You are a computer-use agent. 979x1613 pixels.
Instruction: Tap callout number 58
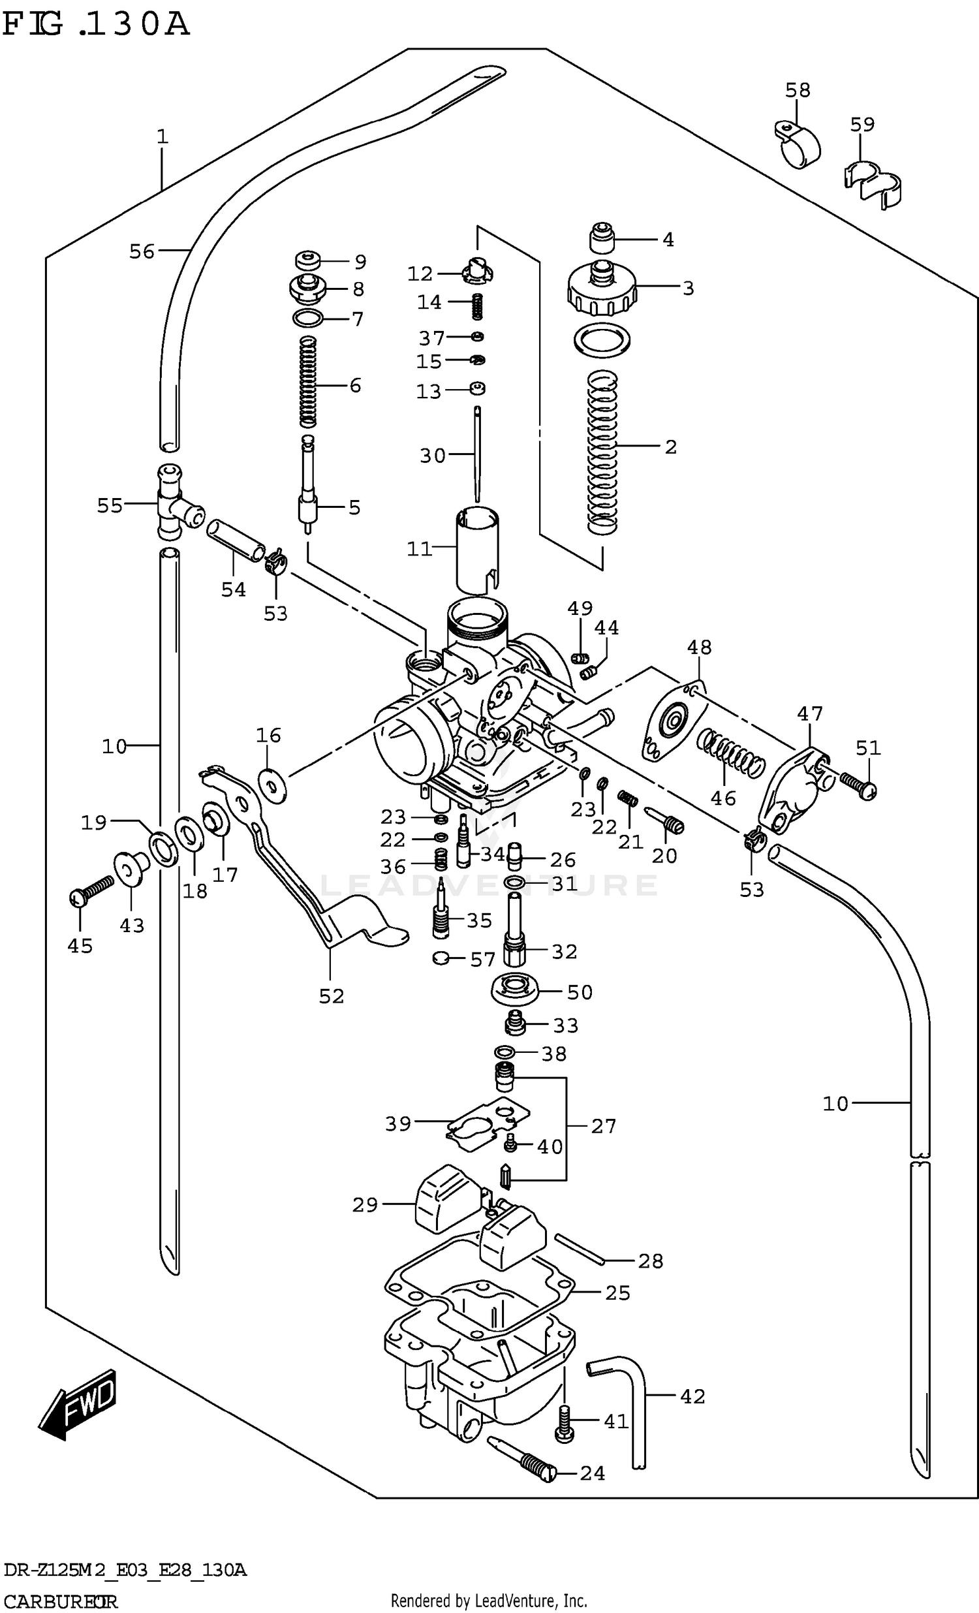(798, 89)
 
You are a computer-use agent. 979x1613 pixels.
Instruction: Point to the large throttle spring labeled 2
(602, 452)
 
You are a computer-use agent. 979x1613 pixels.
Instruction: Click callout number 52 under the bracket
(331, 995)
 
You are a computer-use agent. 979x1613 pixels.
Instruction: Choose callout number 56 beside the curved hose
(142, 251)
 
